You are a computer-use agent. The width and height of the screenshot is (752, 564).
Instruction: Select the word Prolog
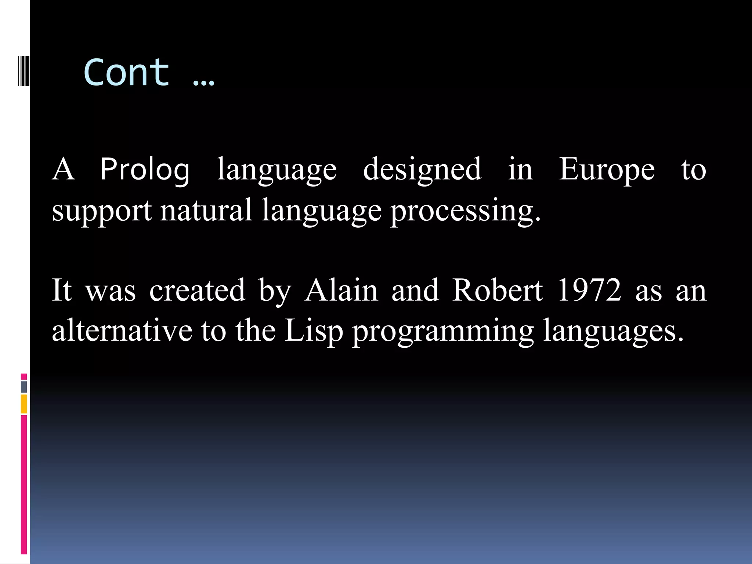[145, 170]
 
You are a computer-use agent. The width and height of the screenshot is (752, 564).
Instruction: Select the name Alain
[341, 290]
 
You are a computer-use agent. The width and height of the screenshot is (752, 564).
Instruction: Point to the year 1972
[589, 290]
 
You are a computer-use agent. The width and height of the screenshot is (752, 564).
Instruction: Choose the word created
[198, 290]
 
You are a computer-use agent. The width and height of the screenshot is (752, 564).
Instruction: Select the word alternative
[122, 330]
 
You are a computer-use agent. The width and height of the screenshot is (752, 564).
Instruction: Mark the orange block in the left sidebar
[24, 404]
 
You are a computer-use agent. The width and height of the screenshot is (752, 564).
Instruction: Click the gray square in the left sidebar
[24, 387]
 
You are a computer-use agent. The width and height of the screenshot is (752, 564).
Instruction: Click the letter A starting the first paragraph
[64, 170]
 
